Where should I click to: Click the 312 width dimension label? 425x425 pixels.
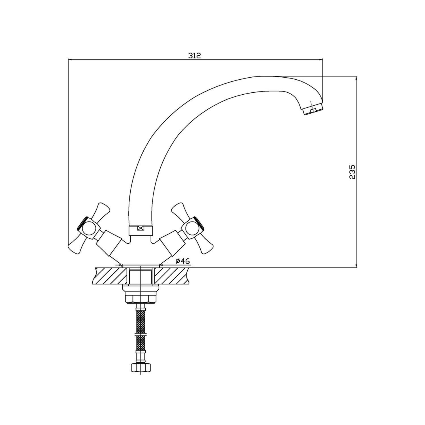[x=194, y=56]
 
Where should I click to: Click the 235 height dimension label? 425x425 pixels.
[x=352, y=172]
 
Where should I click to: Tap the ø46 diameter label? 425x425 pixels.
[x=182, y=261]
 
